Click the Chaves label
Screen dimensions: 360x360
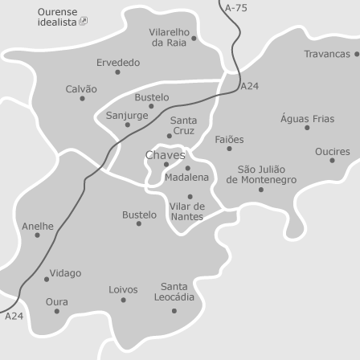pyautogui.click(x=165, y=155)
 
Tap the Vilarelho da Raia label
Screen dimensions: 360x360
pyautogui.click(x=170, y=37)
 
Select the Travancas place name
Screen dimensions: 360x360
pyautogui.click(x=327, y=54)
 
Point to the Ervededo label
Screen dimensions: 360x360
pyautogui.click(x=118, y=62)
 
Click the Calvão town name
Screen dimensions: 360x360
pyautogui.click(x=81, y=89)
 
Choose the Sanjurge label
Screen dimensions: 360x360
pyautogui.click(x=127, y=115)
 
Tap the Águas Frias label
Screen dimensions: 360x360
pyautogui.click(x=307, y=118)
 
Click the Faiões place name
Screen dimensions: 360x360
pyautogui.click(x=229, y=139)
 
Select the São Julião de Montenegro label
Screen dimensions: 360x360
pyautogui.click(x=261, y=174)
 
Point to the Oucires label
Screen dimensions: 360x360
pyautogui.click(x=332, y=151)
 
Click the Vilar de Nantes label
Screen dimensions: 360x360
pyautogui.click(x=187, y=211)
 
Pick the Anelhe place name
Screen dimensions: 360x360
pyautogui.click(x=38, y=226)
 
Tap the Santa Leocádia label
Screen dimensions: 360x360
pyautogui.click(x=174, y=291)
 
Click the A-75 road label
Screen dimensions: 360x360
pyautogui.click(x=236, y=7)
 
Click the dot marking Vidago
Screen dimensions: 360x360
pyautogui.click(x=47, y=280)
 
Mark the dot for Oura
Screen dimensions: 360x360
pyautogui.click(x=56, y=312)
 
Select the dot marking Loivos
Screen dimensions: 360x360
pyautogui.click(x=123, y=300)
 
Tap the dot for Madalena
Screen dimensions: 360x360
pyautogui.click(x=188, y=168)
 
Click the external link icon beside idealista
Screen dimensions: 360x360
pyautogui.click(x=84, y=22)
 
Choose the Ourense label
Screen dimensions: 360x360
pyautogui.click(x=57, y=12)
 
